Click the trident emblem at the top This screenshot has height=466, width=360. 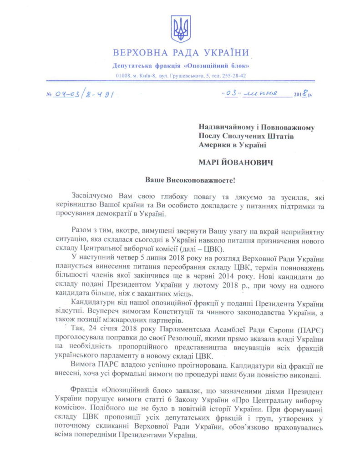coord(180,29)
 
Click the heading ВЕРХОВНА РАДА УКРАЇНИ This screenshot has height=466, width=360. coord(181,52)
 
